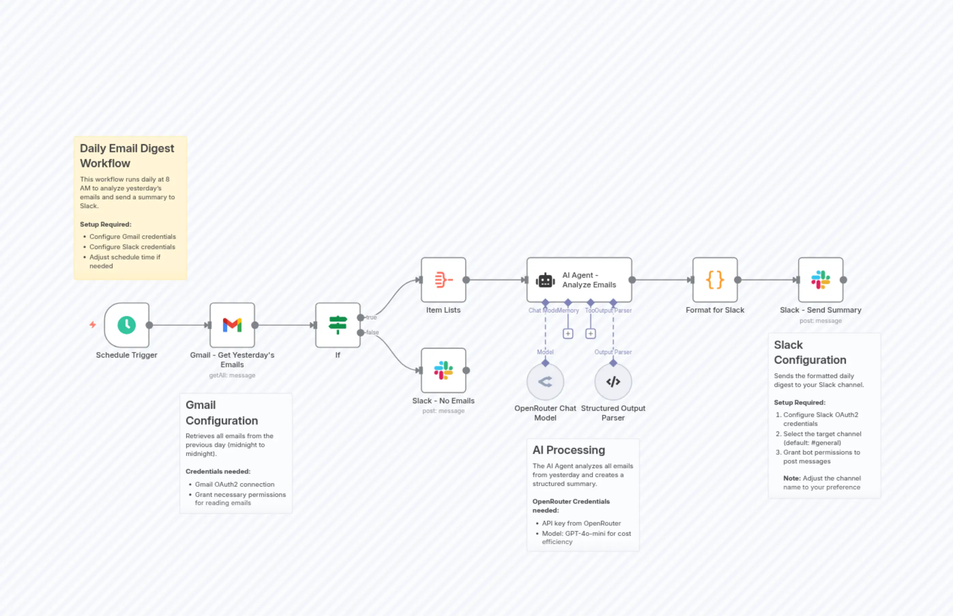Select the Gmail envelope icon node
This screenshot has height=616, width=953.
point(232,325)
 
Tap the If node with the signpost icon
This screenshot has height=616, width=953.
point(337,325)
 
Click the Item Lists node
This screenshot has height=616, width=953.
point(443,280)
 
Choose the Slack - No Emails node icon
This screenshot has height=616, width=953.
point(443,370)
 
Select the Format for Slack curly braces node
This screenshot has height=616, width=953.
point(715,280)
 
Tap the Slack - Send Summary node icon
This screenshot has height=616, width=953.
point(820,280)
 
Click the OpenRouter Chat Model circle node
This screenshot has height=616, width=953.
point(545,382)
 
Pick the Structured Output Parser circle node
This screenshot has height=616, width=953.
point(613,382)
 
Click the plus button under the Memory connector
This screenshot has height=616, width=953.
point(568,334)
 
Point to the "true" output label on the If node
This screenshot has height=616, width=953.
point(371,317)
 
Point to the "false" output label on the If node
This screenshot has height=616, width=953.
point(372,332)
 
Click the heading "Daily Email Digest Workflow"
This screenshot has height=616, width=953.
point(127,156)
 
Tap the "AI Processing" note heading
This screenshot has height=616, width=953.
point(569,450)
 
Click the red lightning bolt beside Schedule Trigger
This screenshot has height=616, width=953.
point(93,325)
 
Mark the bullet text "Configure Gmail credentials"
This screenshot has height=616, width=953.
point(132,237)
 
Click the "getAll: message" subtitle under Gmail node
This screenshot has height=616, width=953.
point(232,375)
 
